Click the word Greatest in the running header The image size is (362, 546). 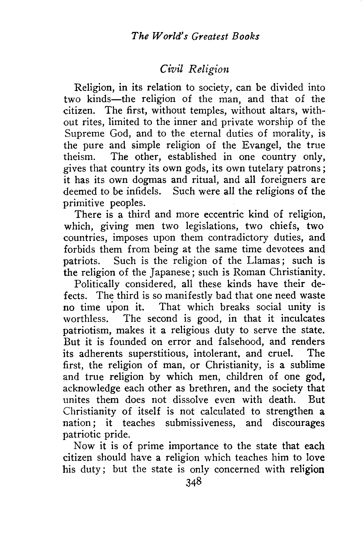[x=210, y=37]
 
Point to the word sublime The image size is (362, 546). [x=308, y=365]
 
